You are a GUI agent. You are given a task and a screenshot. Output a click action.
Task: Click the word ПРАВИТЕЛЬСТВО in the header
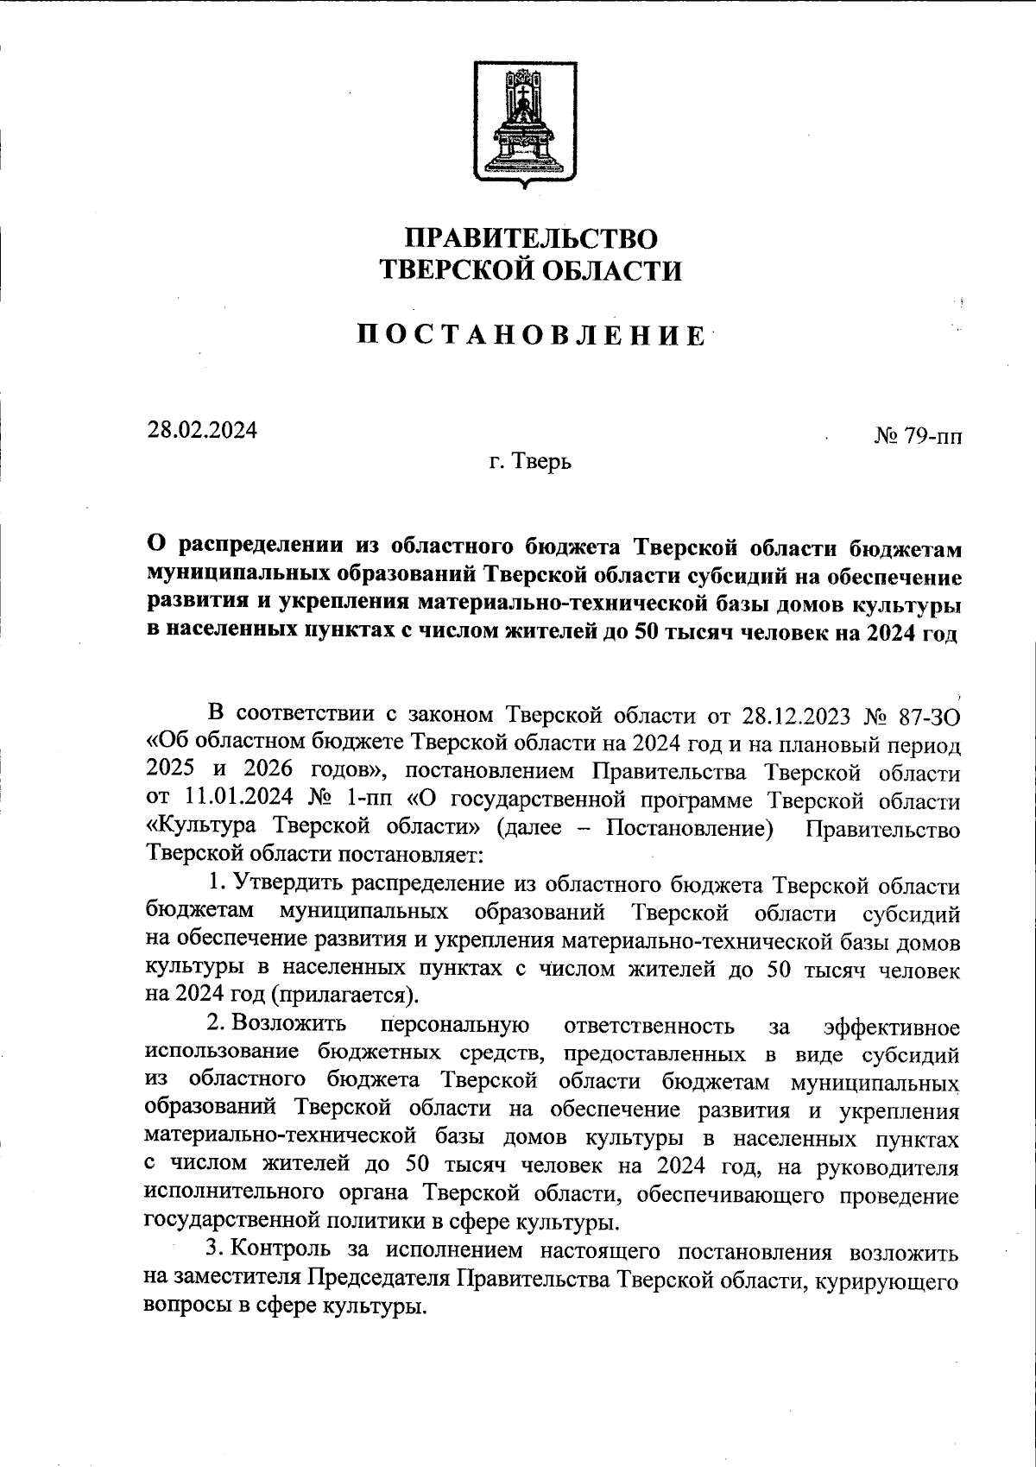[532, 237]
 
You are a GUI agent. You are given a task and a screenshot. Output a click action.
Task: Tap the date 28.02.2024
[202, 429]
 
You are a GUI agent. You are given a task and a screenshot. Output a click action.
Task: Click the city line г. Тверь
[530, 463]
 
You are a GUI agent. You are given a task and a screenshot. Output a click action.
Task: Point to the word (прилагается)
[344, 995]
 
